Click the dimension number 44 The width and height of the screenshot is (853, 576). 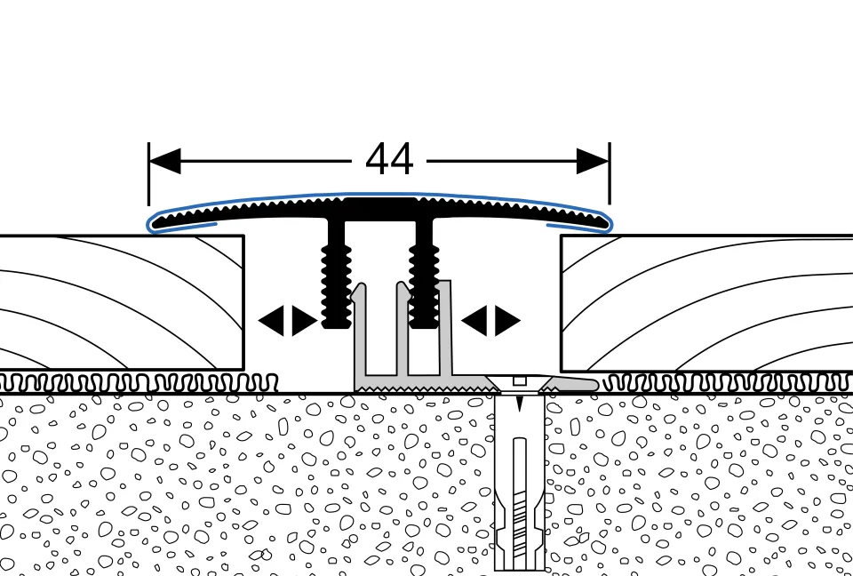[x=389, y=161]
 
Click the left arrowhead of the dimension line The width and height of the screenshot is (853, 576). [x=165, y=161]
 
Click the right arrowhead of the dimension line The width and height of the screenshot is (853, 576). [x=592, y=161]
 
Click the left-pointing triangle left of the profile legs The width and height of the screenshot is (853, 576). [x=270, y=321]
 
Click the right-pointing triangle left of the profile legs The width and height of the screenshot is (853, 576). [x=304, y=321]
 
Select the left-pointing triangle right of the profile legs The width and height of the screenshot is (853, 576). [x=474, y=321]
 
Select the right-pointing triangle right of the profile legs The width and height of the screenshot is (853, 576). [x=507, y=321]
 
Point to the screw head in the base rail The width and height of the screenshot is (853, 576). [x=519, y=382]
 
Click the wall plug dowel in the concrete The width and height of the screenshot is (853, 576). [x=519, y=498]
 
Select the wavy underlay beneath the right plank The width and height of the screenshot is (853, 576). [x=729, y=383]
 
